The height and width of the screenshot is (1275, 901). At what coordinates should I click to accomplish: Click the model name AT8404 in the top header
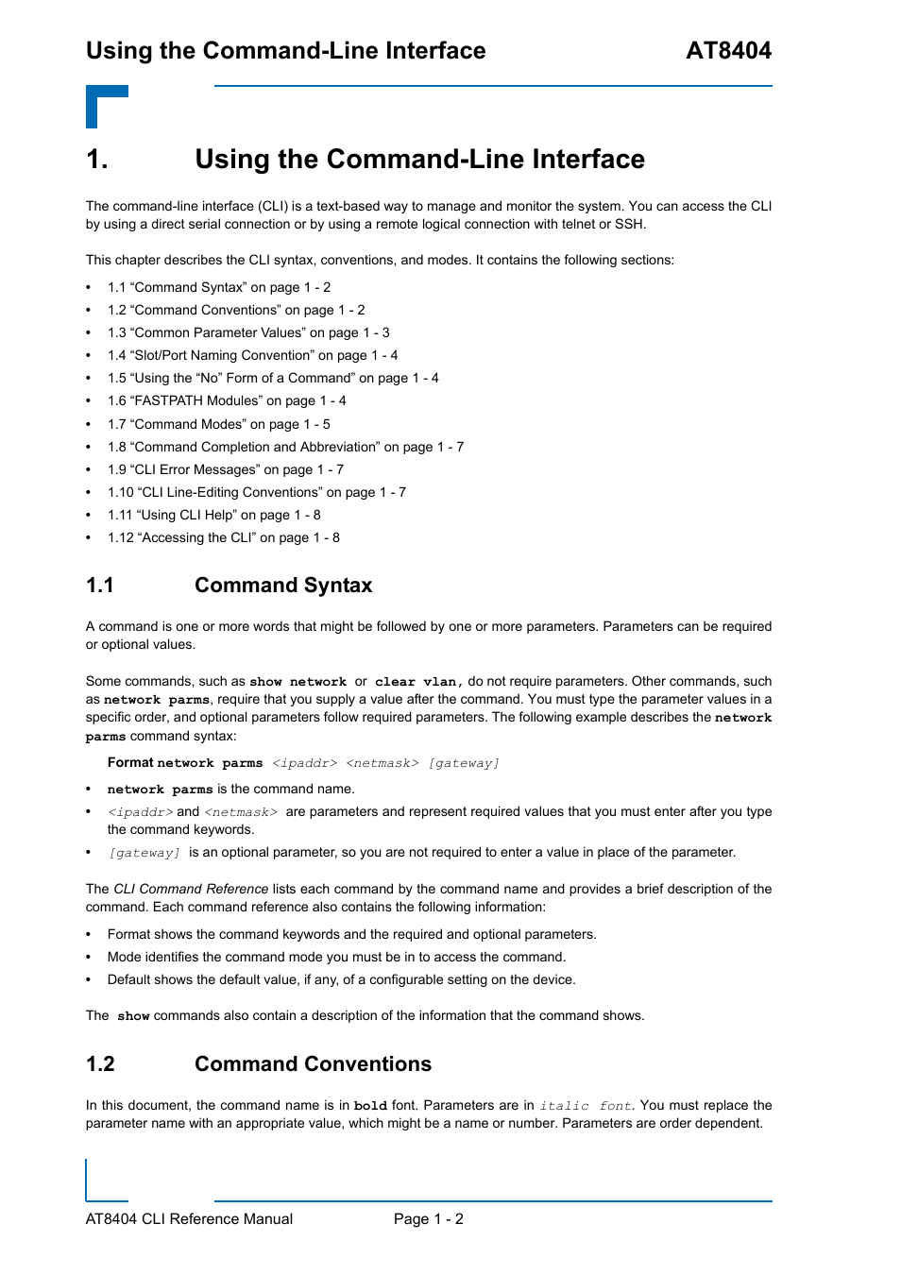point(728,51)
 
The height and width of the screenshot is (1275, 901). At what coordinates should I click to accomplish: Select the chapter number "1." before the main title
point(97,160)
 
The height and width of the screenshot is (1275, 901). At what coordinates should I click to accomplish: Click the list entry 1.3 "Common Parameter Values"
point(247,332)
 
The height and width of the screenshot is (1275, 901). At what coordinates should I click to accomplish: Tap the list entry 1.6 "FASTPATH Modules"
point(226,400)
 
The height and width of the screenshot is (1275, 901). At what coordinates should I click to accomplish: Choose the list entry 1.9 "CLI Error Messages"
point(225,469)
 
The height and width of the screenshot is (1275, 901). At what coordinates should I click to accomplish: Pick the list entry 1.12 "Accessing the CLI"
point(223,537)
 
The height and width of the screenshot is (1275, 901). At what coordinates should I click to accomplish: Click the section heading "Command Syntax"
point(283,586)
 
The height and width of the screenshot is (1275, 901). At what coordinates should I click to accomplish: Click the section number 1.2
point(100,1064)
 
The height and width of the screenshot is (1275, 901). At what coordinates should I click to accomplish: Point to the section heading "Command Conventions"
point(313,1064)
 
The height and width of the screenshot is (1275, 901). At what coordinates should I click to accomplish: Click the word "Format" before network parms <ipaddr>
point(130,762)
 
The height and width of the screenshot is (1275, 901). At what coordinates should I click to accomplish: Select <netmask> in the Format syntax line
point(382,763)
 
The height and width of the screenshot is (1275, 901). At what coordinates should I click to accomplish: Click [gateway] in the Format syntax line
point(464,763)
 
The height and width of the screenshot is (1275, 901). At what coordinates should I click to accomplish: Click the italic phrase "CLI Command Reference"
point(191,889)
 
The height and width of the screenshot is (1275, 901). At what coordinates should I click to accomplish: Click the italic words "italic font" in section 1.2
point(586,1106)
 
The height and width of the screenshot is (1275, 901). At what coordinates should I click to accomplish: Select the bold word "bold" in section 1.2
point(370,1106)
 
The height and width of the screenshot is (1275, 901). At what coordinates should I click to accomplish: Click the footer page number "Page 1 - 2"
point(429,1219)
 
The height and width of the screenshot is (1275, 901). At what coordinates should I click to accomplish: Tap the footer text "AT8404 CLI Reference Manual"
point(189,1219)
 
